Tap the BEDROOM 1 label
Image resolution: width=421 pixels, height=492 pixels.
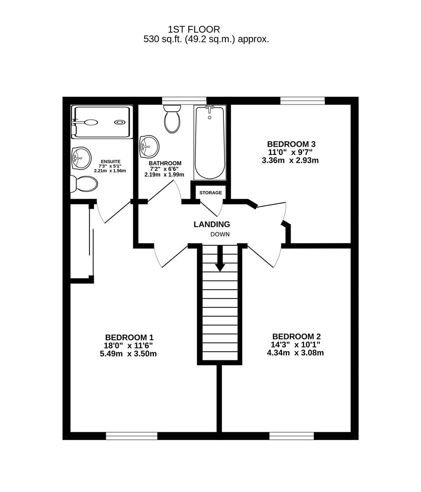pos(129,337)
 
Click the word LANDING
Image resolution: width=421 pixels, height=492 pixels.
pos(212,224)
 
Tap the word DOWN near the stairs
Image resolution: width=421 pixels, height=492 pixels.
pos(220,234)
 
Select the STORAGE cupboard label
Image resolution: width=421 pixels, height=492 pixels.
pos(210,193)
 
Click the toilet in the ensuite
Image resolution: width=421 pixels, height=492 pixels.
pos(84,184)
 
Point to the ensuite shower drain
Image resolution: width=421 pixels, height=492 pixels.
pos(120,122)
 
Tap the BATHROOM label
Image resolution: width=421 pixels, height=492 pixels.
pos(165,163)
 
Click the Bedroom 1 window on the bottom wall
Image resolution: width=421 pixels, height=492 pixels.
pos(131,436)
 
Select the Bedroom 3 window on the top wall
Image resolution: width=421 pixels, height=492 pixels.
pos(302,100)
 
